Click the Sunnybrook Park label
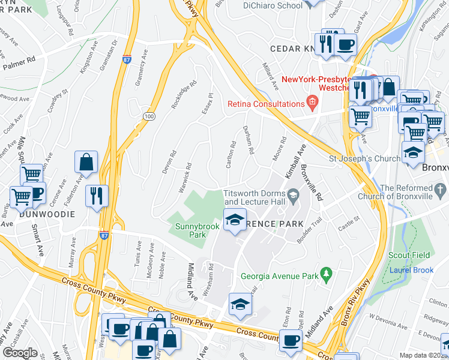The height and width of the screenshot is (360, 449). tap(191, 231)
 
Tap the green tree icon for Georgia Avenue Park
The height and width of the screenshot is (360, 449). tap(327, 275)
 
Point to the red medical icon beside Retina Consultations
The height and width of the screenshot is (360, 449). tap(312, 103)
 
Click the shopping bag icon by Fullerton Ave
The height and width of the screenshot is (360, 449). tap(86, 162)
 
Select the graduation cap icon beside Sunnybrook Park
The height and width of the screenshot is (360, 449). tap(235, 220)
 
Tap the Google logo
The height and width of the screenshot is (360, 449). tap(20, 353)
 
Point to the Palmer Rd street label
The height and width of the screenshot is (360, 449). tap(19, 60)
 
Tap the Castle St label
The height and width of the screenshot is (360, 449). tap(348, 226)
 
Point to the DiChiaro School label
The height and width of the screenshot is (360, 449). tap(273, 5)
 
